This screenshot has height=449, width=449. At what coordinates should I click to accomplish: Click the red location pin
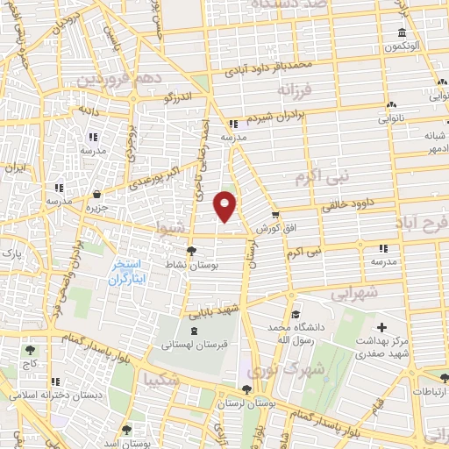(x=225, y=204)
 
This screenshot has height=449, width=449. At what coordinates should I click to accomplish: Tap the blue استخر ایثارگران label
(x=129, y=272)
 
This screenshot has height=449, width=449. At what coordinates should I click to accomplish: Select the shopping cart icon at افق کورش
(x=274, y=214)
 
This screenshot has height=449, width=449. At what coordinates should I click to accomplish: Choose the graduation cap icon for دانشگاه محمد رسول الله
(x=296, y=314)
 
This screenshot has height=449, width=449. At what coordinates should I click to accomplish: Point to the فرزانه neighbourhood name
(x=296, y=89)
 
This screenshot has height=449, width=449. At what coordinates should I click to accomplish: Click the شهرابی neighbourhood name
(x=356, y=293)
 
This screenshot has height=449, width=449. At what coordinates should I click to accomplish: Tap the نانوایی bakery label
(x=391, y=118)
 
